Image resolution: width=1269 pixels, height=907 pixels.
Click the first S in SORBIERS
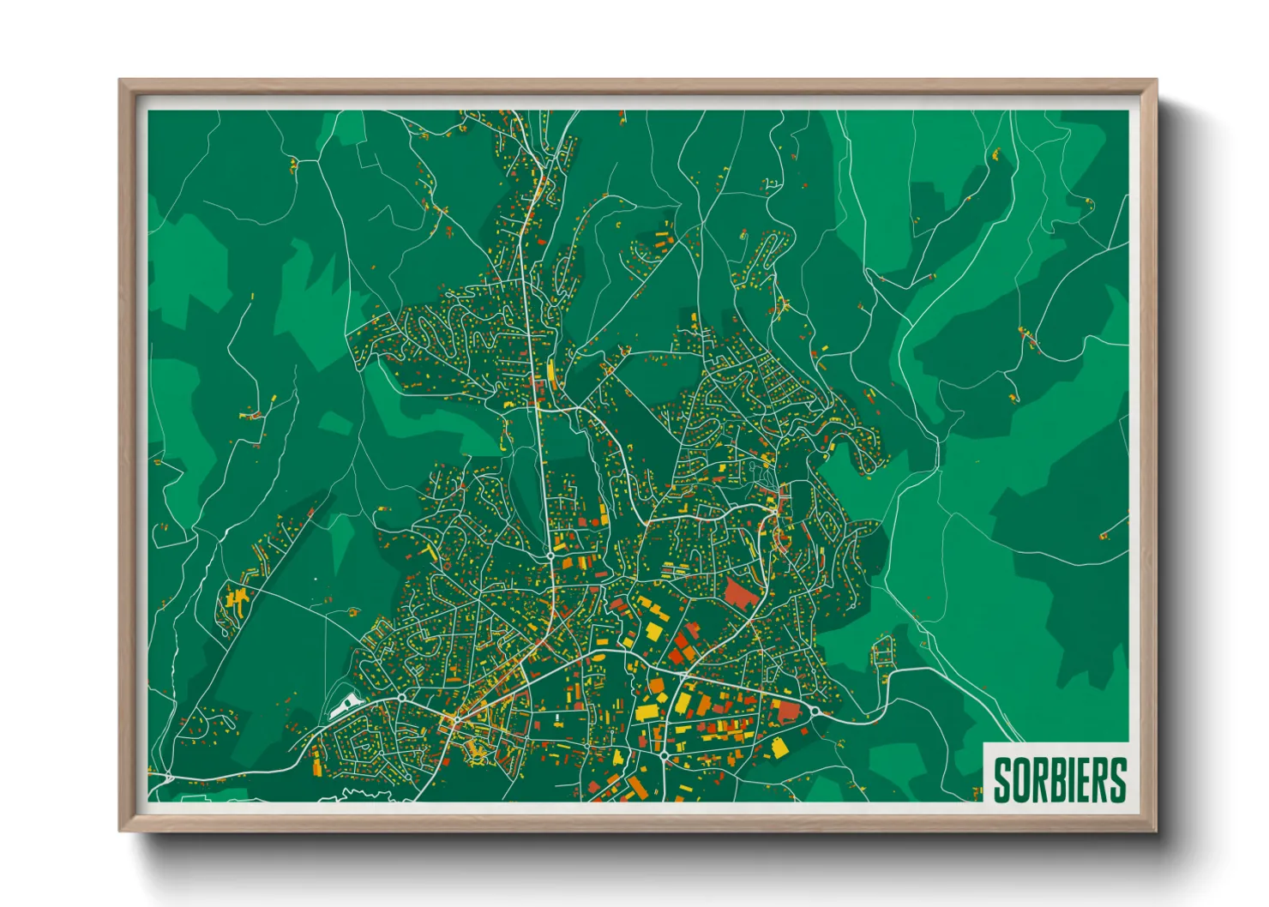(x=1002, y=780)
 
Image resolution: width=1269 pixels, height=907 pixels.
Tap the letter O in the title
(x=1020, y=780)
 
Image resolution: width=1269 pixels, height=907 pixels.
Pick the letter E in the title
(x=1082, y=780)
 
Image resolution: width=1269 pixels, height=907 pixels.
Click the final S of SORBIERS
(x=1117, y=780)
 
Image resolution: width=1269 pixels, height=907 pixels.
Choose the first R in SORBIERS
(x=1038, y=780)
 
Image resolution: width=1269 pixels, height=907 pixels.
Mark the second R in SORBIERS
(x=1099, y=780)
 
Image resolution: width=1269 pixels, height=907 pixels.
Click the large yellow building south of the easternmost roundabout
(x=779, y=747)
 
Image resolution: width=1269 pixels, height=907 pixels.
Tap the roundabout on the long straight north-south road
(x=550, y=556)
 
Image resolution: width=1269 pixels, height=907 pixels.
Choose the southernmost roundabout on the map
(x=665, y=754)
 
